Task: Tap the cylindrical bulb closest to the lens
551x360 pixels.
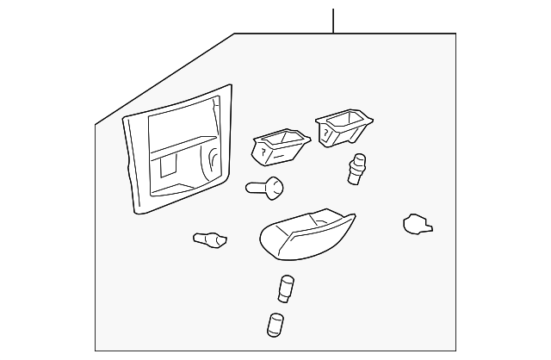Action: pyautogui.click(x=286, y=289)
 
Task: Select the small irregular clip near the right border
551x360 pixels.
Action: pyautogui.click(x=417, y=225)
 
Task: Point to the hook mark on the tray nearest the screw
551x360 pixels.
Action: pyautogui.click(x=261, y=152)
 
